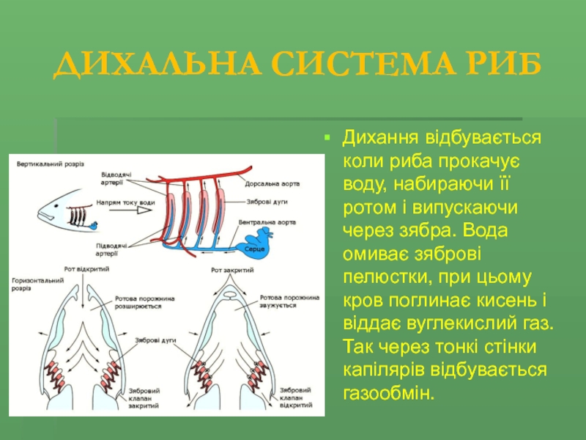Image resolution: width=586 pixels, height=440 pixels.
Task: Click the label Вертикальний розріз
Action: coord(51,163)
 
